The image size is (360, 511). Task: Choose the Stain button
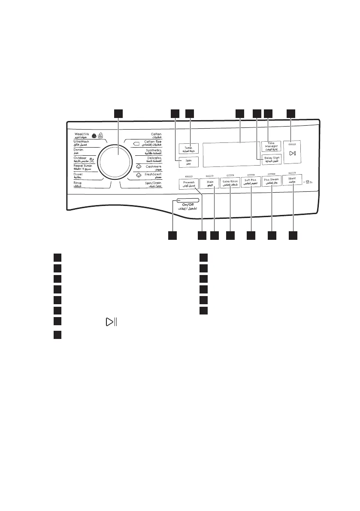(210, 183)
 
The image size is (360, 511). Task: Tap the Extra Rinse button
(230, 183)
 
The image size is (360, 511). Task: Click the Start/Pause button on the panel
(292, 153)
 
